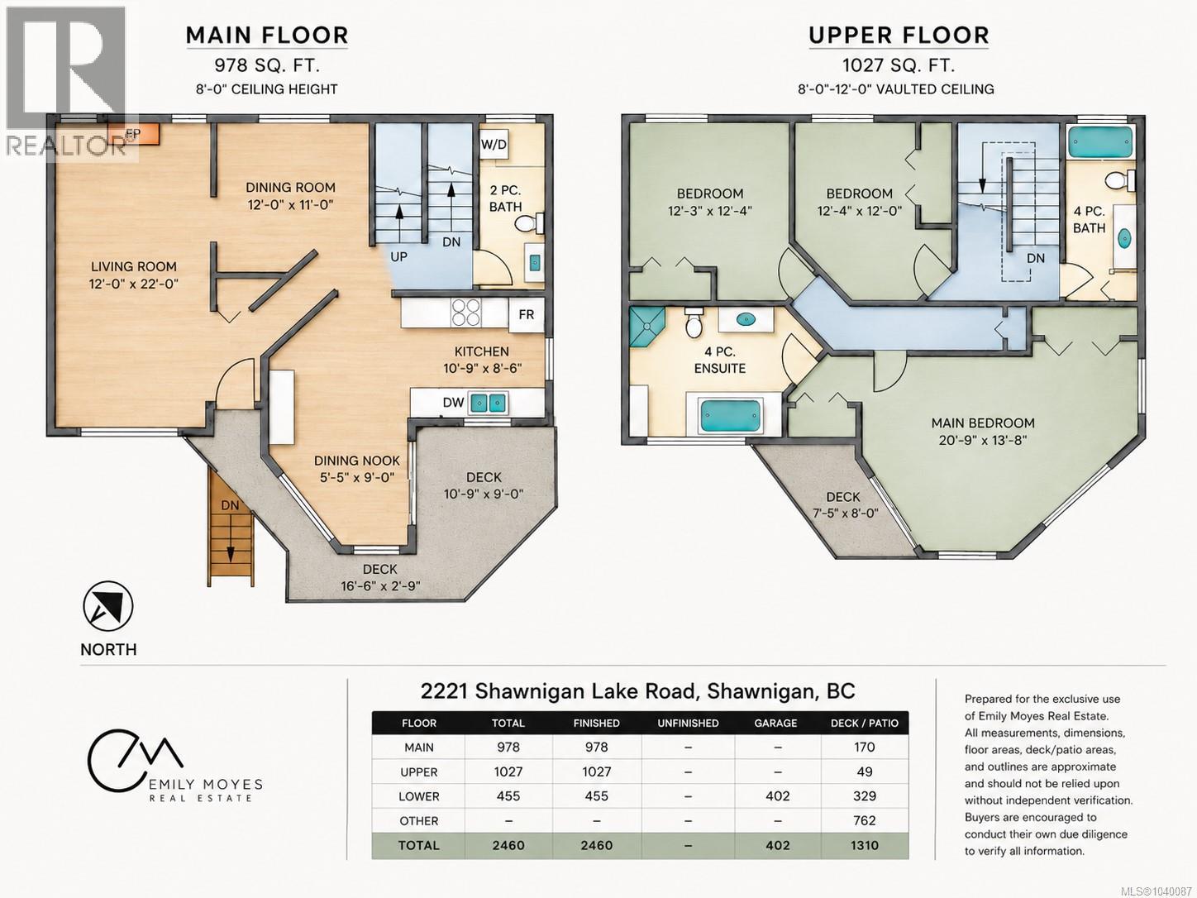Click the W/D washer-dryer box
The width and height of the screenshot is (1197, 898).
click(x=494, y=145)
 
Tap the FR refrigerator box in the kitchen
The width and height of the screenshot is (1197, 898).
click(x=527, y=315)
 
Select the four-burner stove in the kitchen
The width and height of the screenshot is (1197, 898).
click(x=466, y=313)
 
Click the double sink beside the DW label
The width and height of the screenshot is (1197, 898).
click(x=488, y=404)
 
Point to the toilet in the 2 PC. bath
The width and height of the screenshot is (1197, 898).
click(x=529, y=223)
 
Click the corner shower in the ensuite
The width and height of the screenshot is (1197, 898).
click(x=647, y=327)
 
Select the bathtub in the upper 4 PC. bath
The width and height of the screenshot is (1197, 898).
click(x=1100, y=142)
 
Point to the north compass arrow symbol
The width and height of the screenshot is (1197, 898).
click(x=108, y=606)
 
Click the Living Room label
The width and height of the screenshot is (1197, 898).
click(x=134, y=266)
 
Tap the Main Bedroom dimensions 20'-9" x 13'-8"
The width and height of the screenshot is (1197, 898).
click(x=983, y=440)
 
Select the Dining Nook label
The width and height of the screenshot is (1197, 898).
click(x=356, y=461)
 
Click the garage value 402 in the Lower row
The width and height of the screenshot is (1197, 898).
click(x=777, y=796)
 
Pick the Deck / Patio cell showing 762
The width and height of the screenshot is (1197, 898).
click(x=865, y=820)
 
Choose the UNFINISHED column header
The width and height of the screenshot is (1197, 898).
click(x=688, y=723)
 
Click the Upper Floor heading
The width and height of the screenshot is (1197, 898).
click(x=899, y=36)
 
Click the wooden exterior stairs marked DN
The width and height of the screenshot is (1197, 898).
click(x=230, y=528)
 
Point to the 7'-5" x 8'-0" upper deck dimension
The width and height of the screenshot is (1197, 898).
click(x=846, y=513)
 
